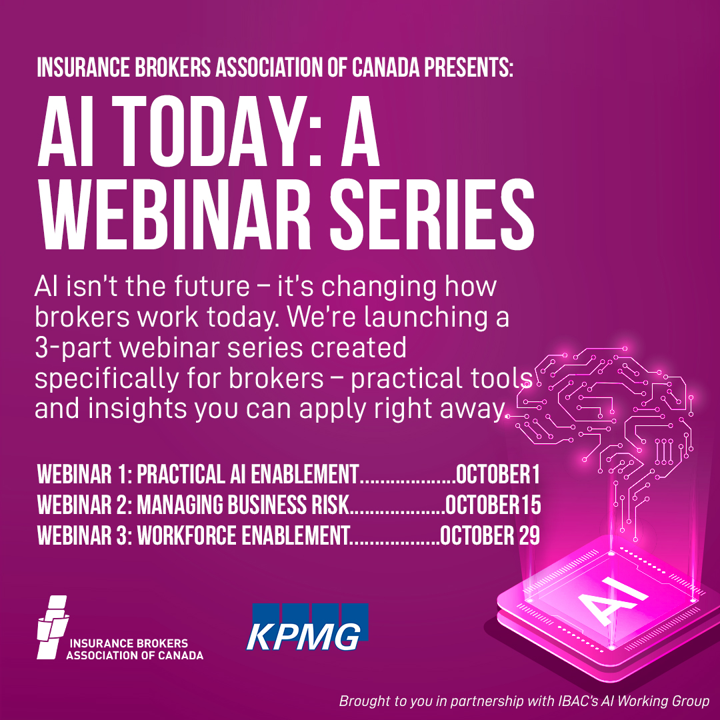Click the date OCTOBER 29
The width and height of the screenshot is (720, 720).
coord(489,535)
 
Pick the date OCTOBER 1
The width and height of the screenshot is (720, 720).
coord(497,475)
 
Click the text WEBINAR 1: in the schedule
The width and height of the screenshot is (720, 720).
coord(84,475)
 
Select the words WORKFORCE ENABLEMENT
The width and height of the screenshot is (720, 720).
coord(243,535)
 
